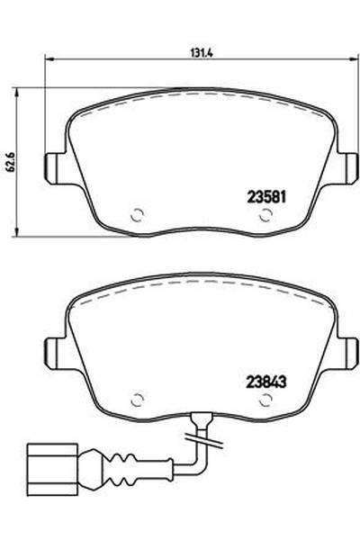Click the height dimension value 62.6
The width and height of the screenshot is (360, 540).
(10, 163)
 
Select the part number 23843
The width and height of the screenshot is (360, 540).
(265, 382)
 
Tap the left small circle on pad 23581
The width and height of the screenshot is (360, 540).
(138, 216)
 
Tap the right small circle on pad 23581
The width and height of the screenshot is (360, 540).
(265, 216)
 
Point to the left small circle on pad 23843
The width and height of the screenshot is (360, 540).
(138, 400)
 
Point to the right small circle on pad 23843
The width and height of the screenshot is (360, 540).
(265, 400)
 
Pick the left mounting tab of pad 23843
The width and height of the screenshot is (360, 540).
(53, 351)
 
